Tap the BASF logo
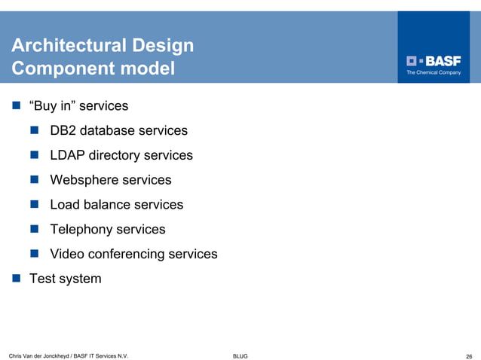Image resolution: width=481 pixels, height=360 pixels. [x=434, y=61]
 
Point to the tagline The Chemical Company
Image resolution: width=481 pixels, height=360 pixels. [x=434, y=73]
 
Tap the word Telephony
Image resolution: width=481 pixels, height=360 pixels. [x=81, y=230]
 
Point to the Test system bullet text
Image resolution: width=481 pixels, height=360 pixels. [x=65, y=279]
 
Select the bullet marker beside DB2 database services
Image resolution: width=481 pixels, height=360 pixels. [x=35, y=131]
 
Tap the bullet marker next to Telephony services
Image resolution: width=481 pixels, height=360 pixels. [x=35, y=230]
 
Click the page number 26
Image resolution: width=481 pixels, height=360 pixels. [x=469, y=355]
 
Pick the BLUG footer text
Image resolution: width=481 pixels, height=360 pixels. [x=240, y=355]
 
